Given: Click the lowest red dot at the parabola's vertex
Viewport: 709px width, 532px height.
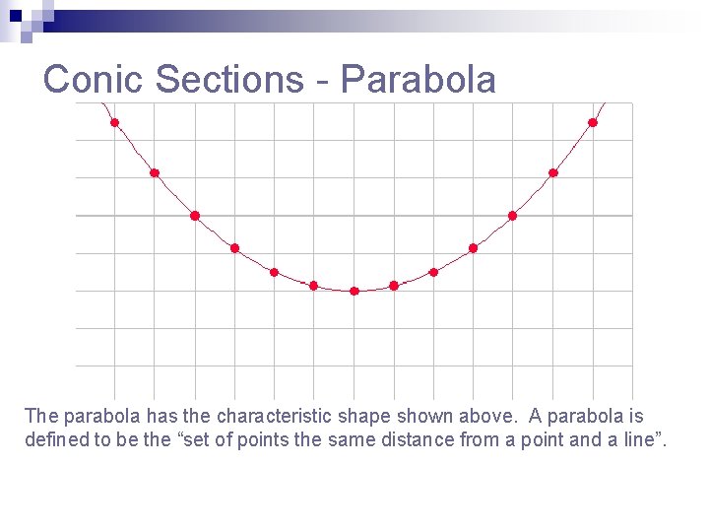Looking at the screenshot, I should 354,291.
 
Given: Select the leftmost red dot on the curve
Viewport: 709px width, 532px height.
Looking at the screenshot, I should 114,122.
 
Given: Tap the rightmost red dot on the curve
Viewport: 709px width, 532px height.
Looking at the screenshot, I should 593,122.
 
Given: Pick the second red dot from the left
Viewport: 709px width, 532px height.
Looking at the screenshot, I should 154,172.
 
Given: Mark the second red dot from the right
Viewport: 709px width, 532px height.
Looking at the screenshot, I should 553,172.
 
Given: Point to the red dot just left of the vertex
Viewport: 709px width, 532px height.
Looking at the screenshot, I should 313,286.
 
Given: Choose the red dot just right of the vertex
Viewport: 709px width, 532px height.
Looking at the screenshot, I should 394,286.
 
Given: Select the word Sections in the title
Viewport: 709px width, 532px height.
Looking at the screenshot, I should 229,79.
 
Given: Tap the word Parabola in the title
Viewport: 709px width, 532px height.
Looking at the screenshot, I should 419,79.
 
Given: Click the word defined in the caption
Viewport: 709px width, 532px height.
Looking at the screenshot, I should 55,439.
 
